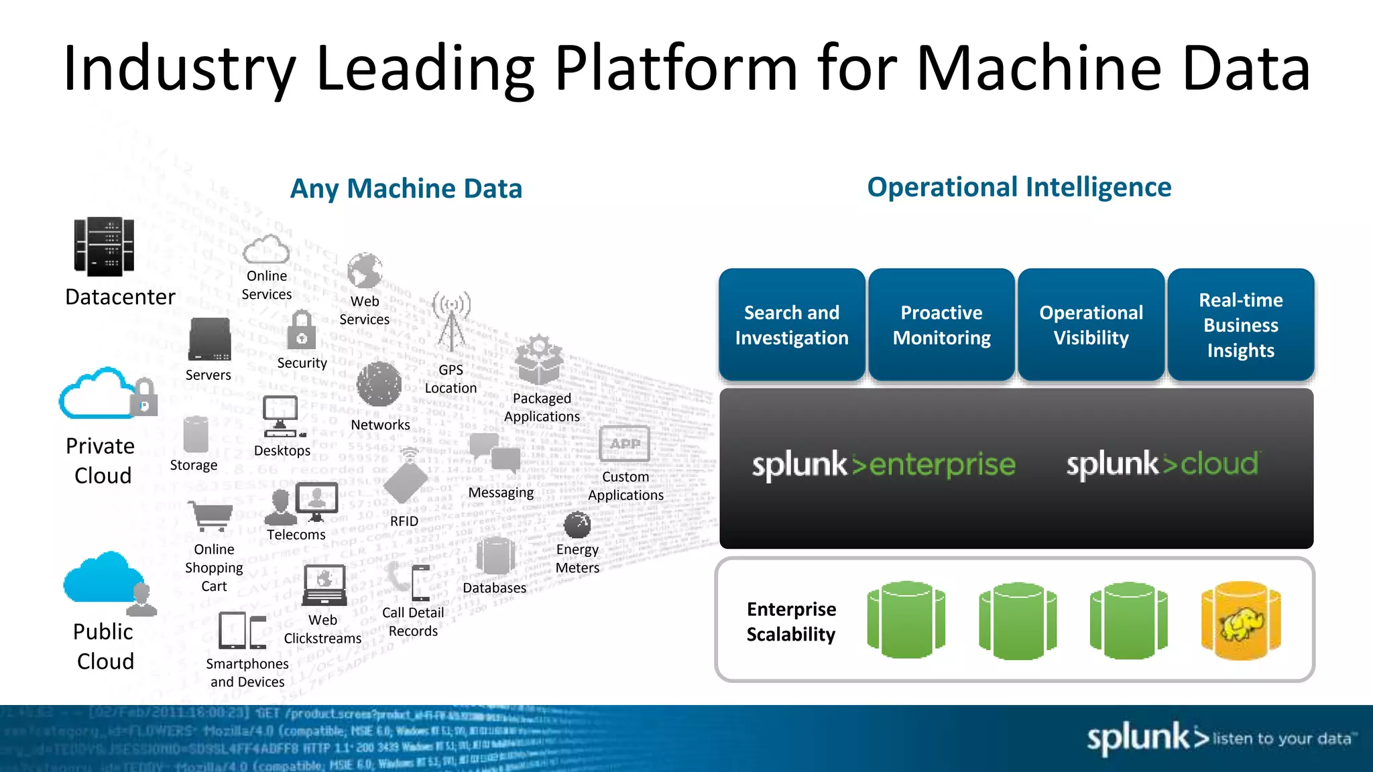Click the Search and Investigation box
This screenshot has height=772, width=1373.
pyautogui.click(x=792, y=325)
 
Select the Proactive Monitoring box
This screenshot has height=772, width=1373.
pyautogui.click(x=941, y=325)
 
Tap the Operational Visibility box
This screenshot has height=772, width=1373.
pyautogui.click(x=1091, y=325)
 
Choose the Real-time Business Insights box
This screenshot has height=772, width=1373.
pyautogui.click(x=1240, y=325)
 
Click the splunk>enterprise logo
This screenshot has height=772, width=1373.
pyautogui.click(x=884, y=464)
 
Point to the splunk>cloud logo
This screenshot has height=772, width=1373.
pyautogui.click(x=1162, y=464)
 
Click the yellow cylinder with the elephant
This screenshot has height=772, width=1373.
pyautogui.click(x=1241, y=621)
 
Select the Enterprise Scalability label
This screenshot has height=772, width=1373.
pyautogui.click(x=791, y=621)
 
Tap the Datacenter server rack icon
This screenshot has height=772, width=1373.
pyautogui.click(x=104, y=247)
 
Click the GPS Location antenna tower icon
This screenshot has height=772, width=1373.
pyautogui.click(x=452, y=321)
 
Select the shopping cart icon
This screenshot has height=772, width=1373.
pyautogui.click(x=211, y=517)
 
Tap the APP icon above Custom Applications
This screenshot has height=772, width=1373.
pyautogui.click(x=624, y=444)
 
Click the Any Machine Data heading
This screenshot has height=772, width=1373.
pyautogui.click(x=406, y=188)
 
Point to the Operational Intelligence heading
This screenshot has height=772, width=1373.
pyautogui.click(x=1019, y=187)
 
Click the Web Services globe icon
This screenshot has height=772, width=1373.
pyautogui.click(x=365, y=271)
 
